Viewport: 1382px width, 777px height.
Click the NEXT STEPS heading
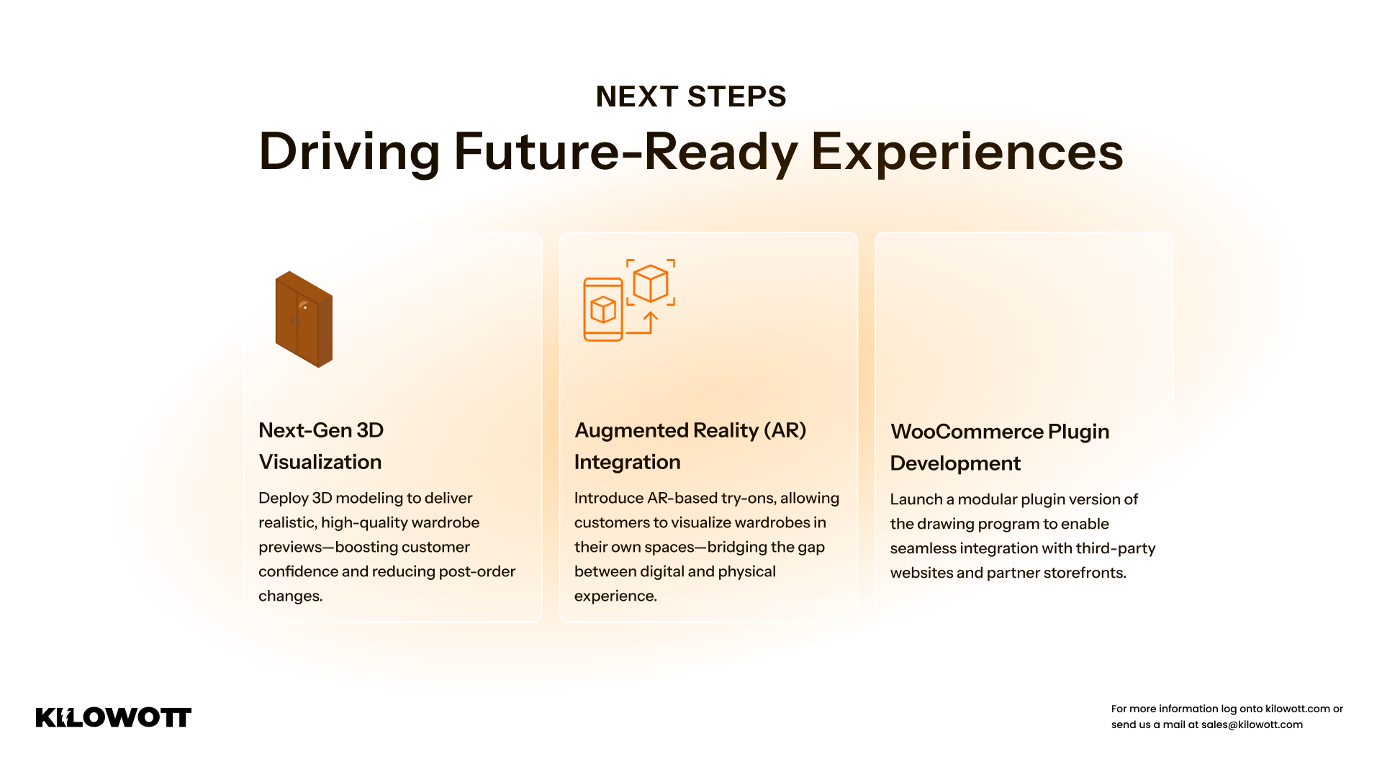click(x=691, y=96)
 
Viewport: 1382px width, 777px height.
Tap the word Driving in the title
click(x=349, y=152)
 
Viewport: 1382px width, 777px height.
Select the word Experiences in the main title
click(x=967, y=152)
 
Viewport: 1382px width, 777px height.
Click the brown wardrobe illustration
click(x=304, y=319)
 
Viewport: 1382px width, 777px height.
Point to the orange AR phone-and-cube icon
click(x=629, y=299)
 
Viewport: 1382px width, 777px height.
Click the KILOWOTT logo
click(x=114, y=717)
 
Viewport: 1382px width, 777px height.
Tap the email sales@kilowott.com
click(x=1252, y=724)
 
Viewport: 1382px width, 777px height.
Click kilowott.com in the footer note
click(x=1298, y=709)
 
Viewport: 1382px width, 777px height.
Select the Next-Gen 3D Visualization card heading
click(x=321, y=446)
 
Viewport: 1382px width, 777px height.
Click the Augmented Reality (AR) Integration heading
click(x=690, y=446)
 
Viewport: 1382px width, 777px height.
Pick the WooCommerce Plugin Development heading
click(x=1000, y=447)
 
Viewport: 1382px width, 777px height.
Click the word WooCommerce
click(x=967, y=432)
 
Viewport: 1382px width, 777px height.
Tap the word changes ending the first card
click(x=291, y=596)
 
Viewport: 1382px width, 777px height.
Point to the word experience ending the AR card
click(x=616, y=596)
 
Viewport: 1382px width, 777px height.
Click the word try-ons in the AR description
click(x=749, y=499)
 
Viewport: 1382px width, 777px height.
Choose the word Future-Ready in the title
click(x=625, y=152)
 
